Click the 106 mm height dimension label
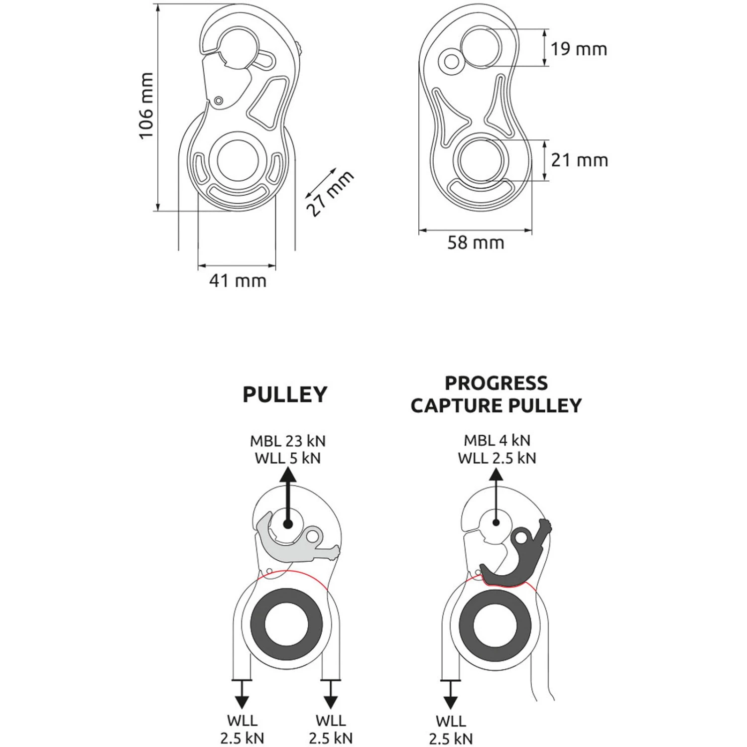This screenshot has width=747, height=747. (x=146, y=106)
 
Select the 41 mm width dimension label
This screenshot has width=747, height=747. (x=238, y=281)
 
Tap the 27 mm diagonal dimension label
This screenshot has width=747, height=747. (x=330, y=193)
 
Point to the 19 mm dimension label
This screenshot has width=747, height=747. (x=579, y=49)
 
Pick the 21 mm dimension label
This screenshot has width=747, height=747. (x=579, y=160)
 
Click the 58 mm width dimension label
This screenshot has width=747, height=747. (x=476, y=243)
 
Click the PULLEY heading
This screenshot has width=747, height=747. (x=285, y=394)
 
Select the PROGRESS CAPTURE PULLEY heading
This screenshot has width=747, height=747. (x=496, y=394)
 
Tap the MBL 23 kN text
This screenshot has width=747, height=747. (x=288, y=441)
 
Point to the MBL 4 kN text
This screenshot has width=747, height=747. (x=497, y=440)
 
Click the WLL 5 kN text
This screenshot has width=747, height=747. (x=288, y=458)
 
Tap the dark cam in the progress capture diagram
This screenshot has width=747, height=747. (x=518, y=563)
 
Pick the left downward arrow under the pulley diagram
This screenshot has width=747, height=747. (x=242, y=693)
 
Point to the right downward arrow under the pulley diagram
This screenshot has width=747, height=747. (x=331, y=693)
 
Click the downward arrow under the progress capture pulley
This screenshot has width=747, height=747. (x=451, y=693)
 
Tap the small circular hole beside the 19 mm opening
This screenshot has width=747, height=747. (x=452, y=62)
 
